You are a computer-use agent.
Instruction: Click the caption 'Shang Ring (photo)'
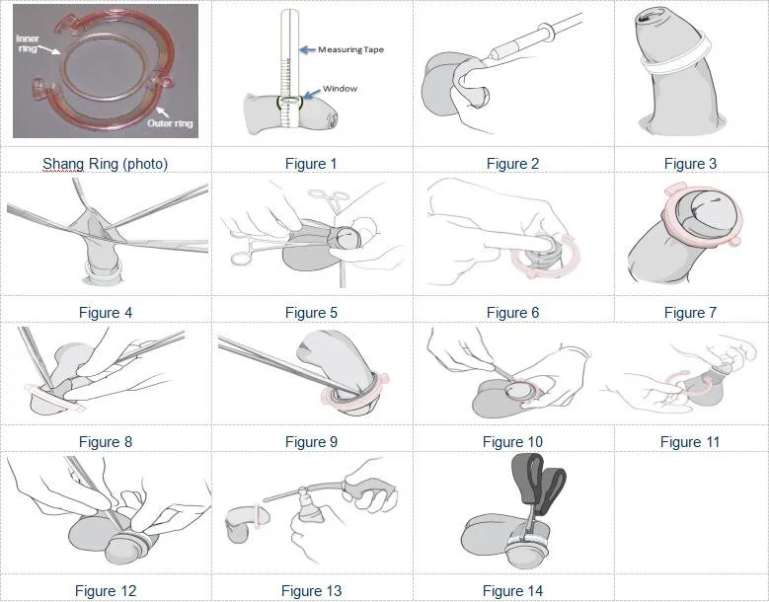(105, 164)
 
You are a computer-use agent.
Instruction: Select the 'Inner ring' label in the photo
(28, 42)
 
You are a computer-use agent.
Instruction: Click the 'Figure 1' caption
(311, 164)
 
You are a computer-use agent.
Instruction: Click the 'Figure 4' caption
(106, 313)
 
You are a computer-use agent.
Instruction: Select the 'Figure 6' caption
(512, 313)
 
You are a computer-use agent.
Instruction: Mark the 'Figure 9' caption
(311, 442)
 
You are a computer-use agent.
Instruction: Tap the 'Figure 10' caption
(512, 442)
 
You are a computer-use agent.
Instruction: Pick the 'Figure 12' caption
(106, 591)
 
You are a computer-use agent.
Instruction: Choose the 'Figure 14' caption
(512, 591)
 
